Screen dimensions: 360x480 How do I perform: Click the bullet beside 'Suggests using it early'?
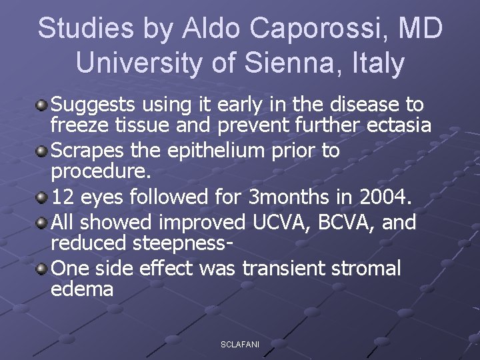point(42,105)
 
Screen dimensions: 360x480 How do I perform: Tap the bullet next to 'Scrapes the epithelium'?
point(42,151)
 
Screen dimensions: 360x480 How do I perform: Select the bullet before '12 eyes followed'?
point(42,198)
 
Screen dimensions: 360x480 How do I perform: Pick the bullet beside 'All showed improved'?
point(42,221)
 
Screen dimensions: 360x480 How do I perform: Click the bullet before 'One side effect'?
point(42,268)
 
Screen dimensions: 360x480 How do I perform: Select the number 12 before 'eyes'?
point(63,198)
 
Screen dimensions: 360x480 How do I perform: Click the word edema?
point(82,290)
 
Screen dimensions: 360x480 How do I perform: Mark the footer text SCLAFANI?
point(240,344)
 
